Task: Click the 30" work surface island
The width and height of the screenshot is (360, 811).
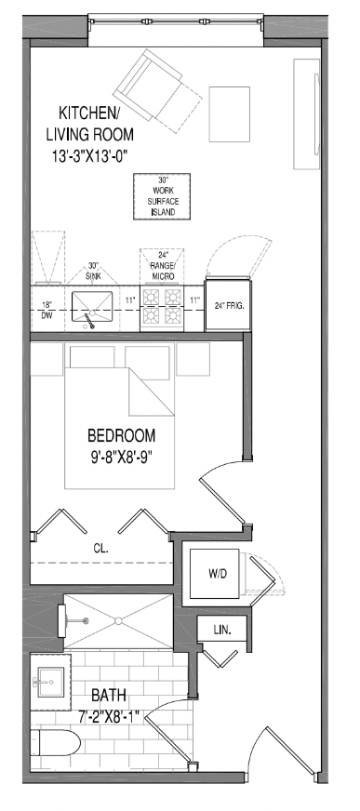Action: [162, 196]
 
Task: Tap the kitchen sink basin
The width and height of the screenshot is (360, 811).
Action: [91, 306]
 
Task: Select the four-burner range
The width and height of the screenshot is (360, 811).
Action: [161, 308]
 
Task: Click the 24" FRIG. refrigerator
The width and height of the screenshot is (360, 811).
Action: [229, 305]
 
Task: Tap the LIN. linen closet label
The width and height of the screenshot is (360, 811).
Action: [222, 630]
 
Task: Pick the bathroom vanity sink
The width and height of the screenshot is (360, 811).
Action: [49, 682]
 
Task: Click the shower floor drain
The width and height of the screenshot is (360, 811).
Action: [118, 620]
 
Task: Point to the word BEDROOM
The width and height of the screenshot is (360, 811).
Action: [121, 435]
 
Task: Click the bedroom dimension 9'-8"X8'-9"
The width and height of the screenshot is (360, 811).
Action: [122, 458]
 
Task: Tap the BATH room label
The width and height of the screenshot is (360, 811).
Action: [109, 695]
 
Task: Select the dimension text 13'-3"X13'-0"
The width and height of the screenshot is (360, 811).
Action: [89, 155]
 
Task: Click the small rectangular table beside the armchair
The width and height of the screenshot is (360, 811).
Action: [229, 114]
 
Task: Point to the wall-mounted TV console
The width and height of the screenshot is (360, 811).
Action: [307, 113]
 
